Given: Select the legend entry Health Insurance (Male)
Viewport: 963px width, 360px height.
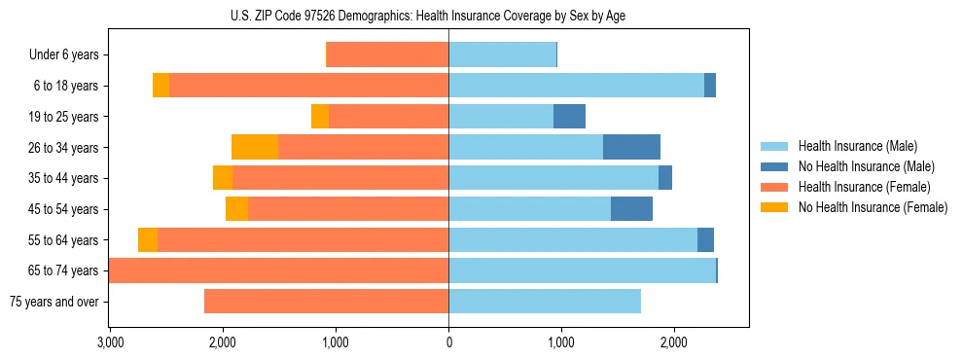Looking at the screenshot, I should tap(852, 147).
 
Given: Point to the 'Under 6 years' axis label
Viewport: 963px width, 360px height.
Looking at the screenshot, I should tap(63, 55).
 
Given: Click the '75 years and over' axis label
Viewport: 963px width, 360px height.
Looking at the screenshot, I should tap(53, 302).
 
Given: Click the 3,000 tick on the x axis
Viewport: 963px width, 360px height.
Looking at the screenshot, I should tap(110, 342).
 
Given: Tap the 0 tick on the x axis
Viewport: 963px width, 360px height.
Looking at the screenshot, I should tap(448, 342).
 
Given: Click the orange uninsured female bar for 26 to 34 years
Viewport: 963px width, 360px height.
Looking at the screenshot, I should tap(255, 147).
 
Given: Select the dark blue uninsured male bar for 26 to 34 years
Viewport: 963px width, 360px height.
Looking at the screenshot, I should tap(631, 147).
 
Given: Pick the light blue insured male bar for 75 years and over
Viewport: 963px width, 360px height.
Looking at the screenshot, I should tap(545, 302).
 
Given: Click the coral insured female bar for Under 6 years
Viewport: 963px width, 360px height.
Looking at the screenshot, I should tap(387, 55).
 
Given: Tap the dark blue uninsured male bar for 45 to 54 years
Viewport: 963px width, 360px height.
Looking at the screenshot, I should tap(631, 209).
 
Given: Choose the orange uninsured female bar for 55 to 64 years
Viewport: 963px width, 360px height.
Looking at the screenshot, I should tap(148, 240).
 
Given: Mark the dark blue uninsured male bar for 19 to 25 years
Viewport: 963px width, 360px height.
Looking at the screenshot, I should tap(569, 117).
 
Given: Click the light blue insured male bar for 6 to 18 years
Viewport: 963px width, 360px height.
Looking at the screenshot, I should tap(576, 86).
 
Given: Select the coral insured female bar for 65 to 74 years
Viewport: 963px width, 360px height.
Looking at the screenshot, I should tap(279, 270).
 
